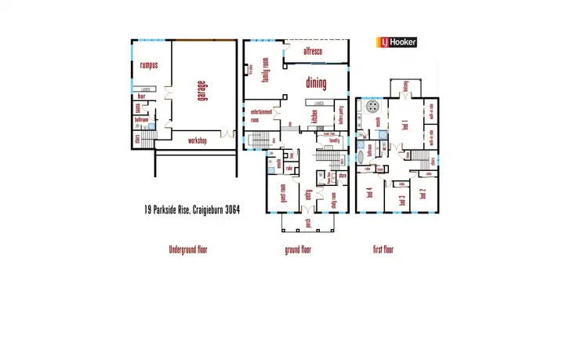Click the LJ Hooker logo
point(397,43)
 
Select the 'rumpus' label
point(149,65)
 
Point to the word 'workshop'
point(198,141)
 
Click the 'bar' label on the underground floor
point(142,98)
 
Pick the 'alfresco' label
point(315,52)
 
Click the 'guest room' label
point(284,191)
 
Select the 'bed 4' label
point(369,191)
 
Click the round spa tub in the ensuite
point(373,106)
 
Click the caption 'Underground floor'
point(188,250)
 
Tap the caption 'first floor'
point(383,250)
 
